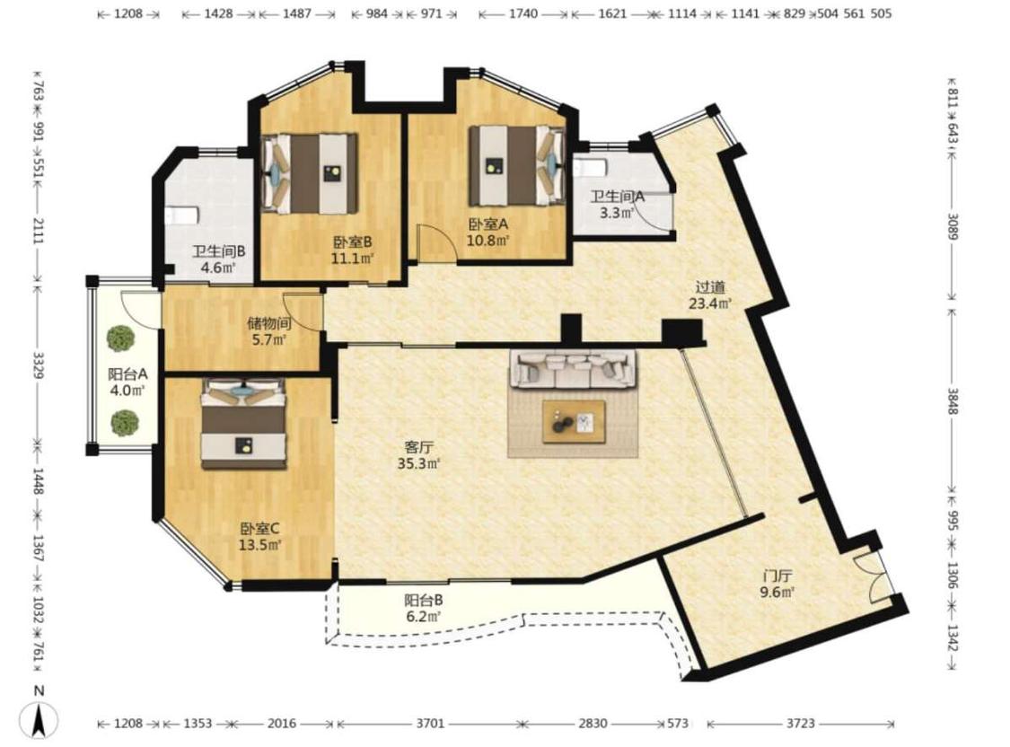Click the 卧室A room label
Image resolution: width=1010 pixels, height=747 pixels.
click(x=488, y=232)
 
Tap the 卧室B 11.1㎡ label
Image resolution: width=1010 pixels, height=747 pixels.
click(x=353, y=250)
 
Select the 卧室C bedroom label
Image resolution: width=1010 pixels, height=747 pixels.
click(x=260, y=537)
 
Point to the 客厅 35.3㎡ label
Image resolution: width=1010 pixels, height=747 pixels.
click(x=418, y=454)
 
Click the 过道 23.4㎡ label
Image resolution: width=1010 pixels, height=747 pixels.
click(x=710, y=294)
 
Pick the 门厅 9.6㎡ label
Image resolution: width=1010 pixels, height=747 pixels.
click(x=777, y=584)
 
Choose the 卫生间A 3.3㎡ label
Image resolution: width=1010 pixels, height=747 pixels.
click(x=618, y=204)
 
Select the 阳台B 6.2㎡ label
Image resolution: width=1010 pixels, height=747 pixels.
click(x=423, y=608)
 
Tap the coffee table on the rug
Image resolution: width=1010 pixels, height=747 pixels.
click(x=574, y=422)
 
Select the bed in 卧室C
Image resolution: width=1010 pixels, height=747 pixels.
click(x=243, y=424)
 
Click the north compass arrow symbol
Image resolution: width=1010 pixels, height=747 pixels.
click(x=40, y=720)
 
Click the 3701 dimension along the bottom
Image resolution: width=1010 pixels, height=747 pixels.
click(x=430, y=723)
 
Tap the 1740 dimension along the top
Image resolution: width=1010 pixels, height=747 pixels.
click(x=523, y=13)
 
